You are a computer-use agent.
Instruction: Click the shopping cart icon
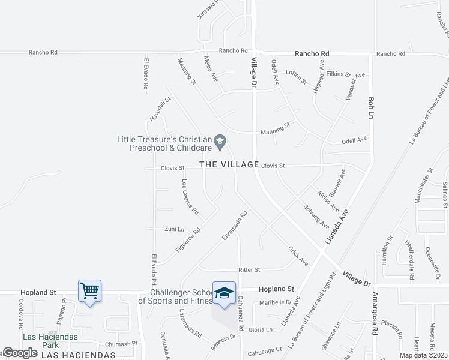(89, 291)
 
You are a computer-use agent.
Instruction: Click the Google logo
(20, 353)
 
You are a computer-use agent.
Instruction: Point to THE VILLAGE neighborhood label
(229, 164)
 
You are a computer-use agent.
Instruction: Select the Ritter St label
(249, 270)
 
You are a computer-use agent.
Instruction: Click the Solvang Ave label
(316, 216)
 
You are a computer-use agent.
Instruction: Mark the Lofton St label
(296, 76)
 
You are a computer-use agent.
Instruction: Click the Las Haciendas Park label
(50, 341)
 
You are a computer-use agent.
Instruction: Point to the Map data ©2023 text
(424, 355)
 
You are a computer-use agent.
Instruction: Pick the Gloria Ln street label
(261, 329)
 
